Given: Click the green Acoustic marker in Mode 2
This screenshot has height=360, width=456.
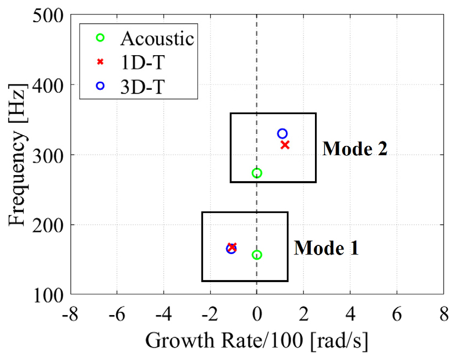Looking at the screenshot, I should click(x=257, y=173).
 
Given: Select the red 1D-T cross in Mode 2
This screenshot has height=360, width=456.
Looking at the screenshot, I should click(x=285, y=145).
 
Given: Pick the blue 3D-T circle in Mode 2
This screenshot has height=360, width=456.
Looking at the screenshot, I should click(x=282, y=134).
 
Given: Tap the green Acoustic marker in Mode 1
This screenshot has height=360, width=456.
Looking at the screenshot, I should click(x=257, y=255).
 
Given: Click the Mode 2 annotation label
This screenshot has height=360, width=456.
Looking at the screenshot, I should click(x=354, y=149).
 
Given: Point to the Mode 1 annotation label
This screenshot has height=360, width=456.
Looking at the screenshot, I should click(x=326, y=248).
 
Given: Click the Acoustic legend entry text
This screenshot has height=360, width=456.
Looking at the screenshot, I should click(x=157, y=39).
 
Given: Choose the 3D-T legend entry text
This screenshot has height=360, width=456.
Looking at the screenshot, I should click(x=142, y=86).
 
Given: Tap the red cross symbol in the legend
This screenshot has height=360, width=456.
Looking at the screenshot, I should click(x=100, y=62).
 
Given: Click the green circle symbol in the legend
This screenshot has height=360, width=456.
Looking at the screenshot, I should click(x=100, y=38).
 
